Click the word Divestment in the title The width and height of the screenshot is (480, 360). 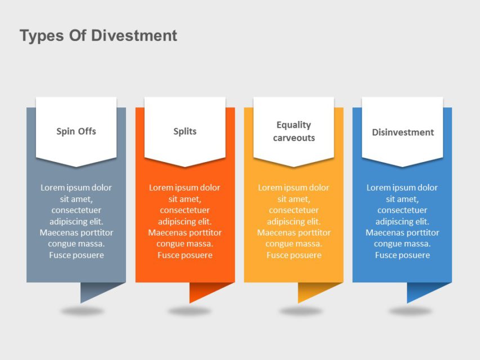click(x=134, y=36)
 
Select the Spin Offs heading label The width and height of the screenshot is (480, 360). click(x=76, y=132)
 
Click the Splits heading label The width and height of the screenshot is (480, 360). click(x=185, y=132)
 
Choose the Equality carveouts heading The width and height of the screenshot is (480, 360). click(x=294, y=131)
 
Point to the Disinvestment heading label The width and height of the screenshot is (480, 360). click(x=402, y=132)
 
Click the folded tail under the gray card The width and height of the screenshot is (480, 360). click(x=93, y=290)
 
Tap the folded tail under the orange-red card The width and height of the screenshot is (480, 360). click(x=202, y=290)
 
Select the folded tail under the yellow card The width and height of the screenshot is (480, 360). click(x=311, y=290)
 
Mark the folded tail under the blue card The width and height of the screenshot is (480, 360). click(x=420, y=290)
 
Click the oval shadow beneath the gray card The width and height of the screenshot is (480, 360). click(x=83, y=310)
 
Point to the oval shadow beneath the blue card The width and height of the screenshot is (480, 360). click(x=410, y=310)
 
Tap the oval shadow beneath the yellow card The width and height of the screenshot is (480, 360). click(x=301, y=310)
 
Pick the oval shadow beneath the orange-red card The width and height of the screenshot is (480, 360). click(x=190, y=310)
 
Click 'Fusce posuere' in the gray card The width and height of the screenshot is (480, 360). click(x=76, y=255)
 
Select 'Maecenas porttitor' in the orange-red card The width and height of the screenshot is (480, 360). click(x=185, y=233)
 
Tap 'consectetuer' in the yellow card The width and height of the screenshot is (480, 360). click(x=294, y=210)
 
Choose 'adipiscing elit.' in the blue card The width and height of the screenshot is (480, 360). click(x=402, y=222)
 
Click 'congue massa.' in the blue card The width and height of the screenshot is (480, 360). click(x=402, y=244)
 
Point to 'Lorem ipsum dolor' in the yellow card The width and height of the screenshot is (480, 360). click(x=294, y=188)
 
